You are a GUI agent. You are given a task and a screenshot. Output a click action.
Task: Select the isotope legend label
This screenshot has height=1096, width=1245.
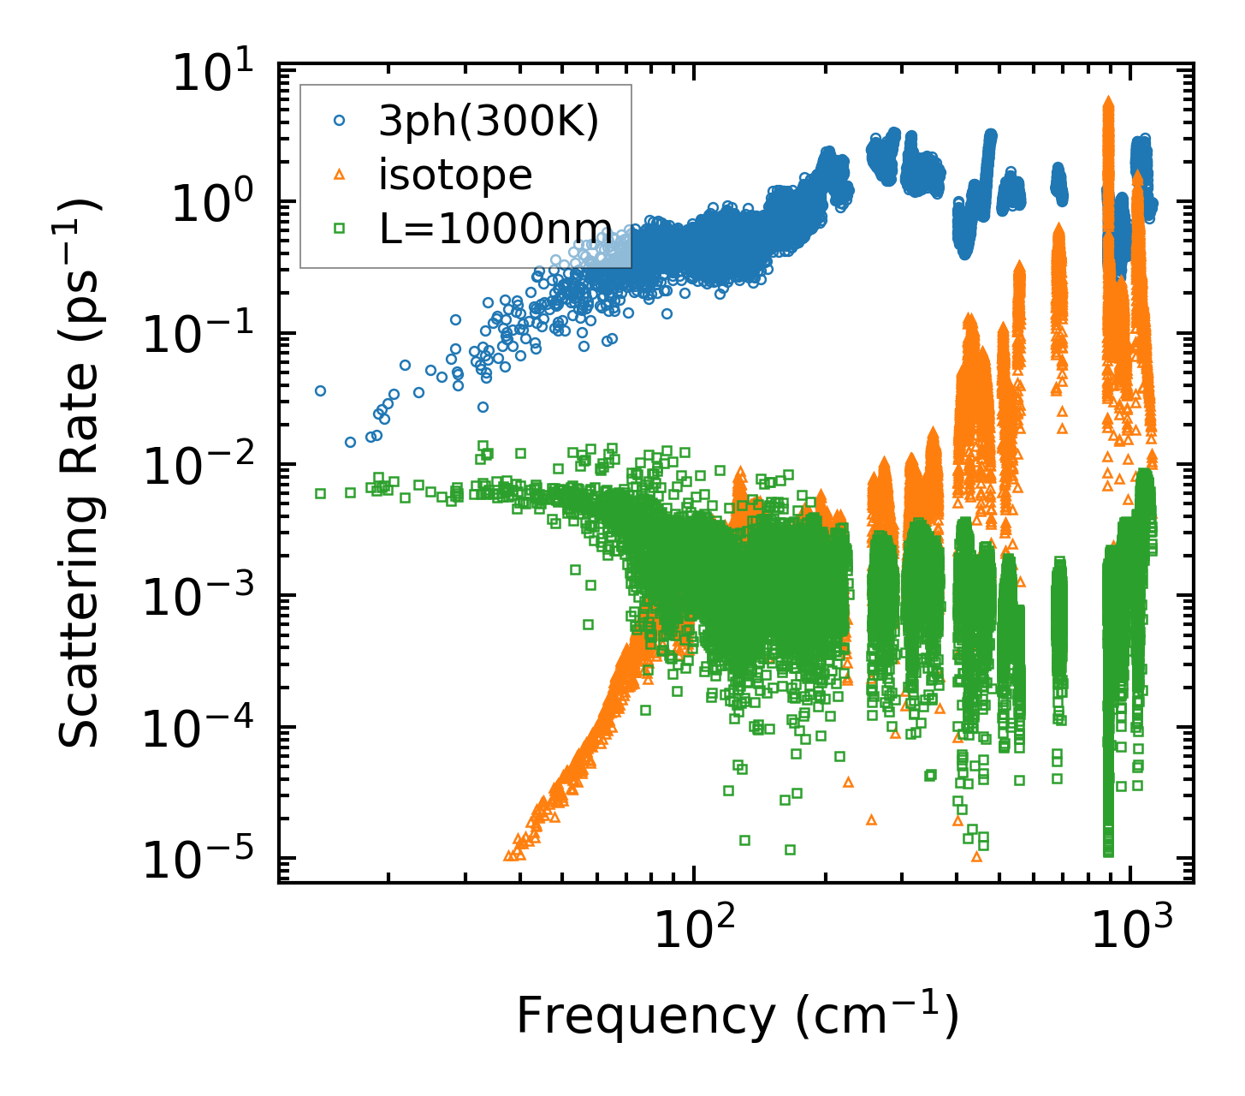(455, 175)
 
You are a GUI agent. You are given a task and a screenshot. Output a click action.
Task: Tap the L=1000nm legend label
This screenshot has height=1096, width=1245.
(495, 228)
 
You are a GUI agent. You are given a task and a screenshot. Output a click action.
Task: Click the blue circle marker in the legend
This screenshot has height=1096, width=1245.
(339, 122)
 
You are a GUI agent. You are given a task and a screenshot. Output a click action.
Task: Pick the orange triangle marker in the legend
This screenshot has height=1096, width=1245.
(339, 175)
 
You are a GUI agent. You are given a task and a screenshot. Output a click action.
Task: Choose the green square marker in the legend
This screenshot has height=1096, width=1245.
(339, 228)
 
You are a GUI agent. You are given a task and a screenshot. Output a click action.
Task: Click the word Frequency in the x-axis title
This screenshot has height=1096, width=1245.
(644, 1016)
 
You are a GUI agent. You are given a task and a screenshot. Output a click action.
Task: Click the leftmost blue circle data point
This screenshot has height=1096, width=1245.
(320, 390)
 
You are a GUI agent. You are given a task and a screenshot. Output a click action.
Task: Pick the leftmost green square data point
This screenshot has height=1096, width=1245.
(320, 493)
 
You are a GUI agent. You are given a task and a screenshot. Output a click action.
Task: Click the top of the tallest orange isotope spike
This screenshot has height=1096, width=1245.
(1109, 101)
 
